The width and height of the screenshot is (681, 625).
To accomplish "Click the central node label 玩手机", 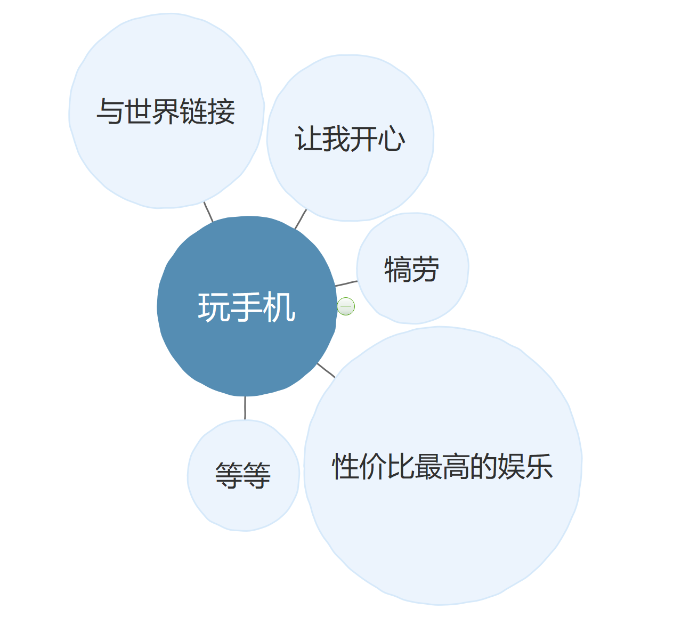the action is [247, 307].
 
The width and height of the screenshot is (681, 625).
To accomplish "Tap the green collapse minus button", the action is [346, 306].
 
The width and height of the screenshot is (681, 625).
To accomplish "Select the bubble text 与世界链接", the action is [166, 111].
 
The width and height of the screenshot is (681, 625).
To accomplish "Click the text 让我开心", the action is [350, 139].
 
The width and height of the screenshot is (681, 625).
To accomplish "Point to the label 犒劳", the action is [412, 269].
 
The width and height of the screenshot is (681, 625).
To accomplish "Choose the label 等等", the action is [243, 475].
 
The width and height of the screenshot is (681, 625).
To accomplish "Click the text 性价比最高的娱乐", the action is [442, 467].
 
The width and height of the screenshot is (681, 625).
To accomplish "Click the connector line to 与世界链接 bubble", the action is [208, 212].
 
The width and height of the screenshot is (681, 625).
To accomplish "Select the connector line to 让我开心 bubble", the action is [301, 220].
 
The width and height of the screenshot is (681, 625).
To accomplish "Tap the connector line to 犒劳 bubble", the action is [346, 283].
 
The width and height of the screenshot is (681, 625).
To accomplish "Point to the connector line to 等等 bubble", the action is [245, 408].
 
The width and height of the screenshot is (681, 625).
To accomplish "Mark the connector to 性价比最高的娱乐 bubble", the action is [326, 370].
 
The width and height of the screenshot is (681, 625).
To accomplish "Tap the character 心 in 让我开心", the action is [392, 140].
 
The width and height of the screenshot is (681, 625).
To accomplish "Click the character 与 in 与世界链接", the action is [110, 112].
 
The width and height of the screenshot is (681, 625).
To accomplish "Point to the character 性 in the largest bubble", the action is [346, 467].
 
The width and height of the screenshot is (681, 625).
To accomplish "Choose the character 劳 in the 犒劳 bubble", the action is [426, 269].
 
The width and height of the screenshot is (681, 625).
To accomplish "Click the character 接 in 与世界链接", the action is [222, 111].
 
